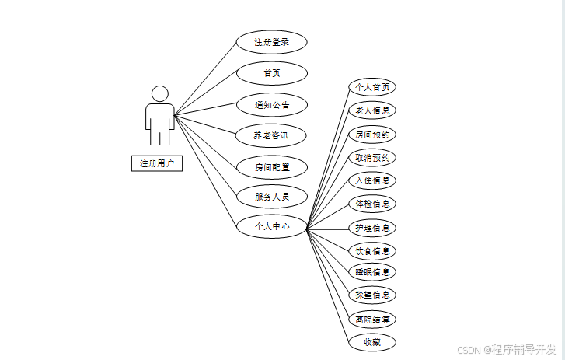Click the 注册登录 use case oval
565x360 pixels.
(x=271, y=42)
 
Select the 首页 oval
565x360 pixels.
(x=271, y=73)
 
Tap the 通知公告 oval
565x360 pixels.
(x=271, y=104)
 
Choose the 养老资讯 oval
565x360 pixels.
(x=271, y=135)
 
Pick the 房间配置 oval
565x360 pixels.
(x=271, y=166)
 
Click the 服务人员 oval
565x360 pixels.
(x=271, y=197)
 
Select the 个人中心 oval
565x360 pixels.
(x=271, y=227)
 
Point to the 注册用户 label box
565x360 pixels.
(x=157, y=163)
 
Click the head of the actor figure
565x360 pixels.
(x=160, y=94)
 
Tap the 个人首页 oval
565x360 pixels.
(x=372, y=87)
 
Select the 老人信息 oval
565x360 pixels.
(x=372, y=110)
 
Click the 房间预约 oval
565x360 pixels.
(x=372, y=134)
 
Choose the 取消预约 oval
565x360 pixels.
(x=372, y=157)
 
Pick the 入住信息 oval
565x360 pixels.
(x=372, y=180)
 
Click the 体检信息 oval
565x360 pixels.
(x=372, y=204)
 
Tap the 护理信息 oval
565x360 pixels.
(x=372, y=228)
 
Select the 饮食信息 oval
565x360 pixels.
(x=372, y=250)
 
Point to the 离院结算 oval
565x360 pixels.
(x=372, y=319)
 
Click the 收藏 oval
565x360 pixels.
(x=372, y=342)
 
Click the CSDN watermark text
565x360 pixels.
(x=507, y=349)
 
